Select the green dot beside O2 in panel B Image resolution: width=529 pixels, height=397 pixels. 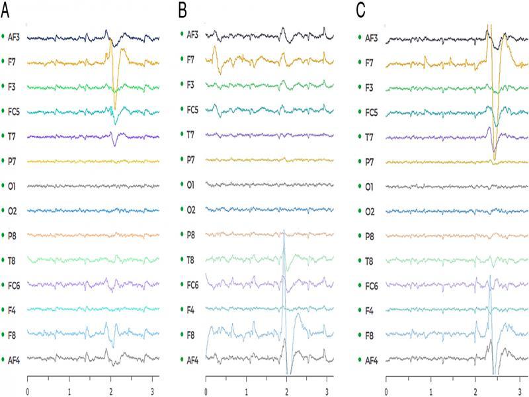tap(181, 210)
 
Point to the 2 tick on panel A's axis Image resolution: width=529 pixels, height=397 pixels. tap(110, 391)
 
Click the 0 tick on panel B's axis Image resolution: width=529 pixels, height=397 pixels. tap(206, 391)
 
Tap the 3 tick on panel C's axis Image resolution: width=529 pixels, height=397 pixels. tap(520, 391)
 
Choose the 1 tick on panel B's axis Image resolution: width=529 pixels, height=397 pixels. tap(246, 391)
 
